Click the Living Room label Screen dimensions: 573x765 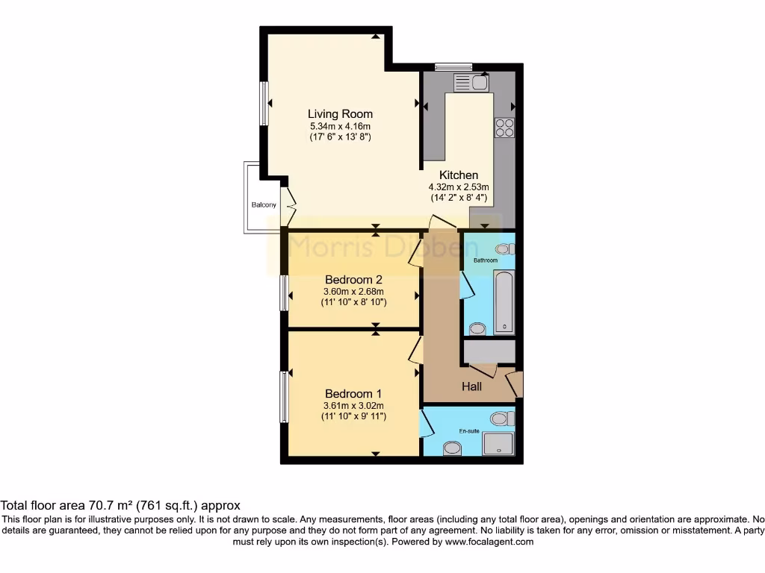pyautogui.click(x=340, y=114)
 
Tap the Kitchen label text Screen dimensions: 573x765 pyautogui.click(x=458, y=175)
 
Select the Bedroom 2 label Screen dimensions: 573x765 pyautogui.click(x=353, y=280)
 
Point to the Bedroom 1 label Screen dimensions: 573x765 pyautogui.click(x=353, y=394)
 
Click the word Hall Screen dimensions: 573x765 pyautogui.click(x=471, y=386)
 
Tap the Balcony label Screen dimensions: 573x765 pyautogui.click(x=263, y=205)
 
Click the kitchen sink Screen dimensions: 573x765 pyautogui.click(x=471, y=82)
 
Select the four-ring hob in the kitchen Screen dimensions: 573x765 pyautogui.click(x=504, y=128)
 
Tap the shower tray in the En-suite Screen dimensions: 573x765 pyautogui.click(x=498, y=444)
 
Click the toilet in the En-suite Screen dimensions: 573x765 pyautogui.click(x=503, y=419)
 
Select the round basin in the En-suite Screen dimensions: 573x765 pyautogui.click(x=452, y=448)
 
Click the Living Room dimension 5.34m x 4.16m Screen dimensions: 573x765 pyautogui.click(x=340, y=126)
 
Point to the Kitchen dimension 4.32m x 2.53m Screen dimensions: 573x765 pyautogui.click(x=458, y=187)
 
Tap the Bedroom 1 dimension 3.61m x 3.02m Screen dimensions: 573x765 pyautogui.click(x=353, y=405)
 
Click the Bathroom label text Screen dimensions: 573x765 pyautogui.click(x=486, y=260)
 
